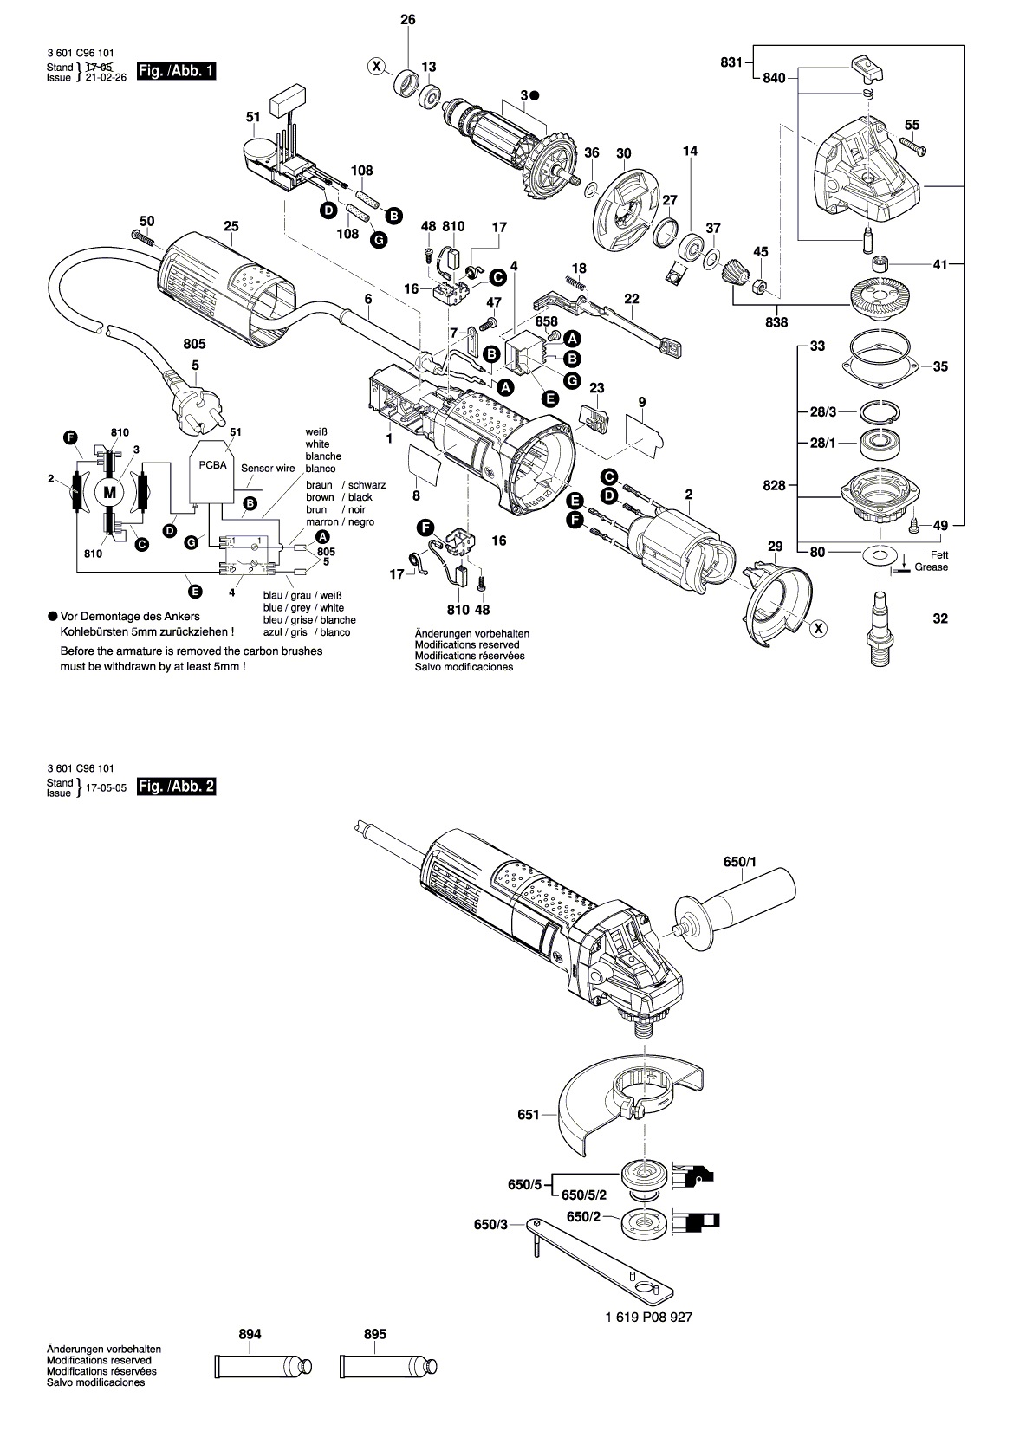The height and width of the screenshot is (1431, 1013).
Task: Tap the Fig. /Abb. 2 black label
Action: pyautogui.click(x=176, y=787)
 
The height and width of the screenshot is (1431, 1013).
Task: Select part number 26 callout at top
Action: pyautogui.click(x=408, y=20)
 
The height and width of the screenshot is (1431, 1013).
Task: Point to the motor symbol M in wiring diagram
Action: pyautogui.click(x=109, y=492)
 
